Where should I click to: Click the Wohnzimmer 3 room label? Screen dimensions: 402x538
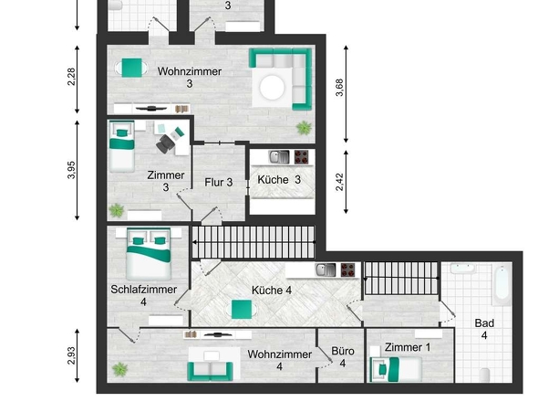pos(189,77)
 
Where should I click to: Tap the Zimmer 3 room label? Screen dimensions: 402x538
pos(166,181)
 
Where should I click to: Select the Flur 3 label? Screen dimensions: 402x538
pos(219,182)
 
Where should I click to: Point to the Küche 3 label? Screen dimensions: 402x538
pos(279,179)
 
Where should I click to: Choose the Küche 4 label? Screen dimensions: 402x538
pos(272,291)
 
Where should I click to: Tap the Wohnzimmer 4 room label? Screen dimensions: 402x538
pos(278,359)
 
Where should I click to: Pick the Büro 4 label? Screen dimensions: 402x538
pos(343,356)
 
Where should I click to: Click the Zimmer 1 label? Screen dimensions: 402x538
pos(407,347)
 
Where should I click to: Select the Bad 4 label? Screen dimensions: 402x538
pos(484,329)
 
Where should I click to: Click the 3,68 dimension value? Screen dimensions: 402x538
pos(340,89)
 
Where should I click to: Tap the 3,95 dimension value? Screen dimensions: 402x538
pos(71,170)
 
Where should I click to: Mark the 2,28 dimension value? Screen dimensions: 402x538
pos(71,77)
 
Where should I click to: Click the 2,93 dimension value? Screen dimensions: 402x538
pos(71,356)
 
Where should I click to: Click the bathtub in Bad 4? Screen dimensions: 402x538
pos(501,284)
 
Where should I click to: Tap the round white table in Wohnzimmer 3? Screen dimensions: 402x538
pos(274,87)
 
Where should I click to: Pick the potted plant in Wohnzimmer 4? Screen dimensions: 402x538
pos(118,370)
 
